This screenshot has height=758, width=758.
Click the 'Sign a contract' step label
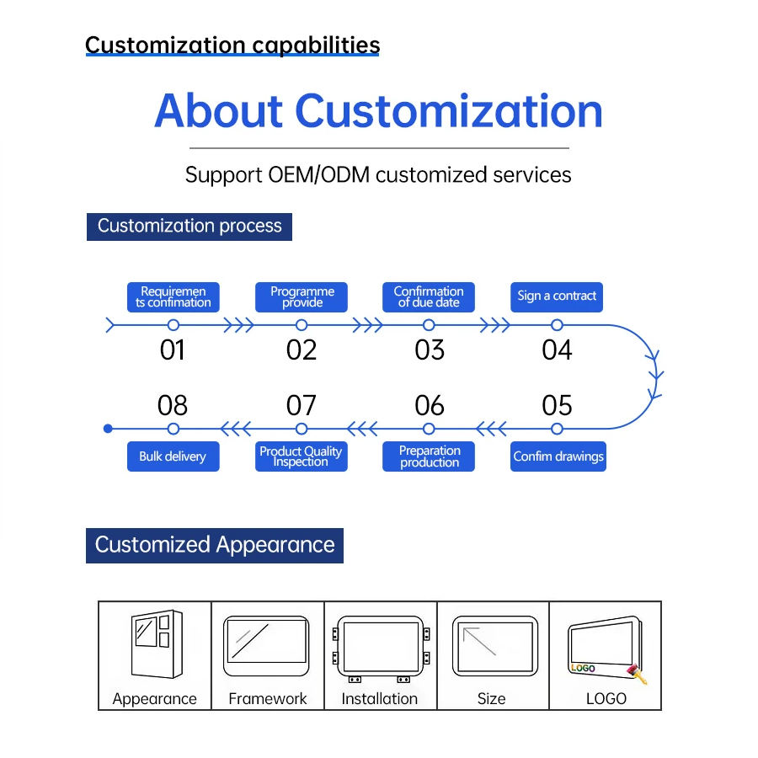click(x=557, y=296)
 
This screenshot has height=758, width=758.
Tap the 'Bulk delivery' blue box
click(x=173, y=456)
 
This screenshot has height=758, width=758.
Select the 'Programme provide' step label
click(x=302, y=296)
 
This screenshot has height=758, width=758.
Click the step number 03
click(x=430, y=350)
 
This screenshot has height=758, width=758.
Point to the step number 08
click(x=173, y=405)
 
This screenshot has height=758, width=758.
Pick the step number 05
click(x=557, y=405)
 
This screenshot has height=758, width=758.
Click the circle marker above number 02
click(x=302, y=325)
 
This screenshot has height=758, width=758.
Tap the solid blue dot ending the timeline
click(x=109, y=429)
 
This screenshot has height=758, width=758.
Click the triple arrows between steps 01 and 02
click(x=238, y=325)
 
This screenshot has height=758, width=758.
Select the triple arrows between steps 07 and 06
click(x=362, y=429)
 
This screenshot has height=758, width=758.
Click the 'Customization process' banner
click(x=189, y=227)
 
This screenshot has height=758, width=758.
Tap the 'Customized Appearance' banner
click(x=215, y=545)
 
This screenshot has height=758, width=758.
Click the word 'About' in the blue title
click(x=218, y=111)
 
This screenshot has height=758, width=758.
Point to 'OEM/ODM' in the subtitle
click(x=318, y=174)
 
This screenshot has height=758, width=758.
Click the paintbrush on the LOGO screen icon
click(x=638, y=675)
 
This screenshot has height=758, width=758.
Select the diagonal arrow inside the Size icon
click(x=479, y=641)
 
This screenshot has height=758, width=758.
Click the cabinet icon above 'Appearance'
click(x=157, y=644)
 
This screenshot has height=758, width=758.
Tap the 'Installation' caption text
click(x=380, y=698)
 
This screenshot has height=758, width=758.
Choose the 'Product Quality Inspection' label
click(x=302, y=456)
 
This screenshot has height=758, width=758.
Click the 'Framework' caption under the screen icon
click(x=267, y=698)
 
